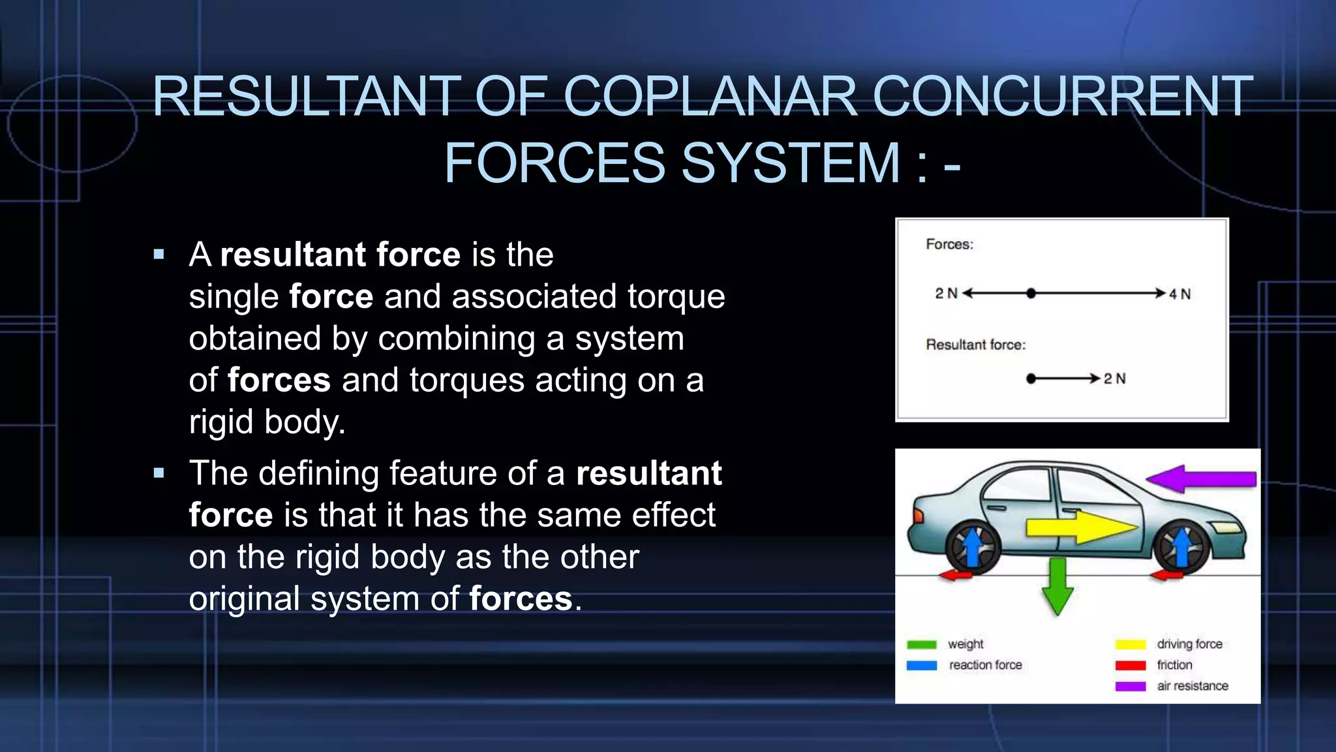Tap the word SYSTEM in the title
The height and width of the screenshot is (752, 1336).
coord(790,163)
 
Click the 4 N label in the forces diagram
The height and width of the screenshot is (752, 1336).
coord(1179,294)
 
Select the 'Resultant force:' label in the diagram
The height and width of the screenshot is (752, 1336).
coord(975,345)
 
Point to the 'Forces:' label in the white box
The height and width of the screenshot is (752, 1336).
coord(949,244)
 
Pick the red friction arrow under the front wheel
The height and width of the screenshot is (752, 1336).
coord(1167,575)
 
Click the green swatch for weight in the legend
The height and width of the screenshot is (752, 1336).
coord(921,645)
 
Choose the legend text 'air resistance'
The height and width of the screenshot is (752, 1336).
coord(1192,686)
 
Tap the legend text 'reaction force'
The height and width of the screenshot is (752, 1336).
coord(985,665)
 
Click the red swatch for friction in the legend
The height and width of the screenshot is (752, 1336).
coord(1131,666)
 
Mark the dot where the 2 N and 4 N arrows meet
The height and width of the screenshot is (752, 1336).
coord(1031,294)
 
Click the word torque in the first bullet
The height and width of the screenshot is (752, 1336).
coord(676,297)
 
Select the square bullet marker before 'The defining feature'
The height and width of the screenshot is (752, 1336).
coord(159,473)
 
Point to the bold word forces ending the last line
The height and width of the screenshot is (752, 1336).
coord(520,599)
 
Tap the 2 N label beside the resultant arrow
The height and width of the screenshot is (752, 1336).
coord(1114,379)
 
